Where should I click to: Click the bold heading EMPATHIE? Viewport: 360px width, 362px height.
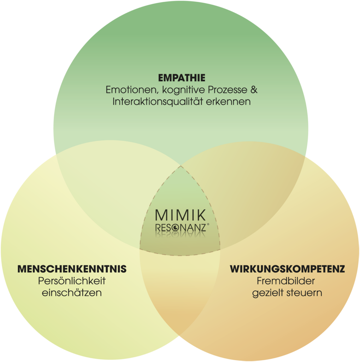pos(182,77)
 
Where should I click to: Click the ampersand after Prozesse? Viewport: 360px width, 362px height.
pos(253,90)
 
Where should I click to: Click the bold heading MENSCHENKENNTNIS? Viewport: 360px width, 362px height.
pos(72,269)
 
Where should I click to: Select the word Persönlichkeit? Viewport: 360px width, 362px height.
pos(72,281)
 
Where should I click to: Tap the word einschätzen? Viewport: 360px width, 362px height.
pos(72,293)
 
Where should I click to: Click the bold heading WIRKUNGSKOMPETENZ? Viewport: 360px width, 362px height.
pos(287,269)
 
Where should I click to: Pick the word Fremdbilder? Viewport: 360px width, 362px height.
pos(287,281)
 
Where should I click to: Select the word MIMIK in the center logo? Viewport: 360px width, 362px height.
pos(180,215)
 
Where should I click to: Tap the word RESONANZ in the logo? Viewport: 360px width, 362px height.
pos(180,227)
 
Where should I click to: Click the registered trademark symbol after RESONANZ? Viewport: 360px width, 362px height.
pos(208,224)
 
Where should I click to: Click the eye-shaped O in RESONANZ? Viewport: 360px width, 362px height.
pos(176,227)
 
